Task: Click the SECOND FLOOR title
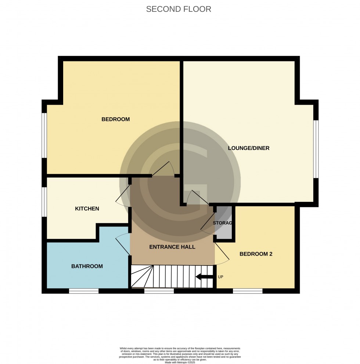[179, 9]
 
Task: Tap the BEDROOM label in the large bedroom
[116, 119]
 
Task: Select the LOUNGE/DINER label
[249, 148]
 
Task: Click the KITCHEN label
[87, 208]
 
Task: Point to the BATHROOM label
[87, 266]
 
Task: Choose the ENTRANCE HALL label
[172, 247]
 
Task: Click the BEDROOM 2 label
[256, 254]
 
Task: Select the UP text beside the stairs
[221, 277]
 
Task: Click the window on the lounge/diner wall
[316, 149]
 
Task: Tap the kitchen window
[44, 202]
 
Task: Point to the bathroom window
[84, 291]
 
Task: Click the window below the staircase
[159, 291]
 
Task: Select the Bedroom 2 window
[248, 291]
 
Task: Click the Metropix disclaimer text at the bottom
[180, 355]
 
